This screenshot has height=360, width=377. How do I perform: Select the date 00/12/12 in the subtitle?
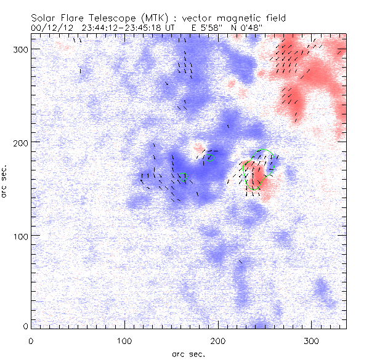(x=49, y=28)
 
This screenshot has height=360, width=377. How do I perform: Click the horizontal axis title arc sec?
(x=188, y=353)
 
